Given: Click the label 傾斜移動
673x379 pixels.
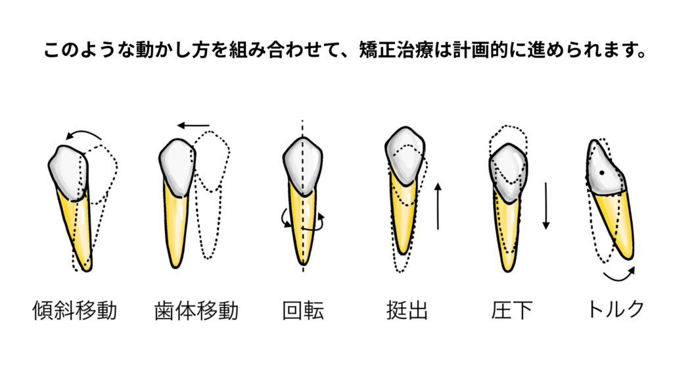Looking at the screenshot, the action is click(75, 311).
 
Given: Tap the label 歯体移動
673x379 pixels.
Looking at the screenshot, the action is click(196, 311).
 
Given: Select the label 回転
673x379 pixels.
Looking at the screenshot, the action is click(303, 311).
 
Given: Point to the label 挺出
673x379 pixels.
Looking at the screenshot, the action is click(407, 311).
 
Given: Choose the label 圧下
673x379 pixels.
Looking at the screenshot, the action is click(511, 311).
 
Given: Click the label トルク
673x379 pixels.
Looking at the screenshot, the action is click(615, 309).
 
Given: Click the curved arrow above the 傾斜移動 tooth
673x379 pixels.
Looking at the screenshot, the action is click(83, 134).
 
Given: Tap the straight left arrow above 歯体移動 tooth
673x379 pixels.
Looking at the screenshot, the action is click(194, 126).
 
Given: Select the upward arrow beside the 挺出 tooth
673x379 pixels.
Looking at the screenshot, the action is click(438, 206).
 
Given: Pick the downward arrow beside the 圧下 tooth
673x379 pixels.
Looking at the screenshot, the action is click(546, 206).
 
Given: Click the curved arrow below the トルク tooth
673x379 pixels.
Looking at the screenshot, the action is click(619, 275).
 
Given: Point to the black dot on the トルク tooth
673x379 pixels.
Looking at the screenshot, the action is click(602, 173).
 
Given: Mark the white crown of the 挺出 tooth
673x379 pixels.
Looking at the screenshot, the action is click(405, 155).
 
